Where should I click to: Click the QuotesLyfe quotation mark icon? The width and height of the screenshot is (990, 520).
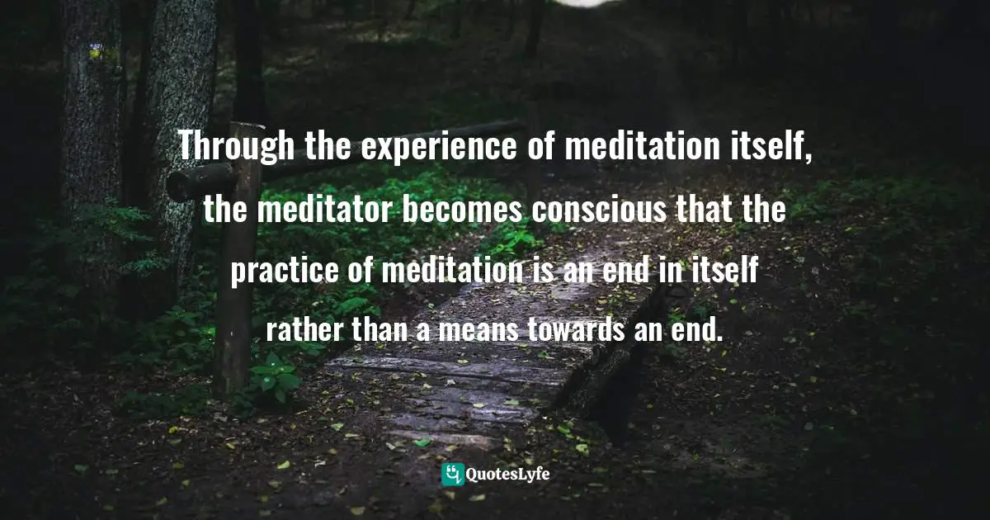pos(453,475)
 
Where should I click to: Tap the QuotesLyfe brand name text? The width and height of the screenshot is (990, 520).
pos(508,475)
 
